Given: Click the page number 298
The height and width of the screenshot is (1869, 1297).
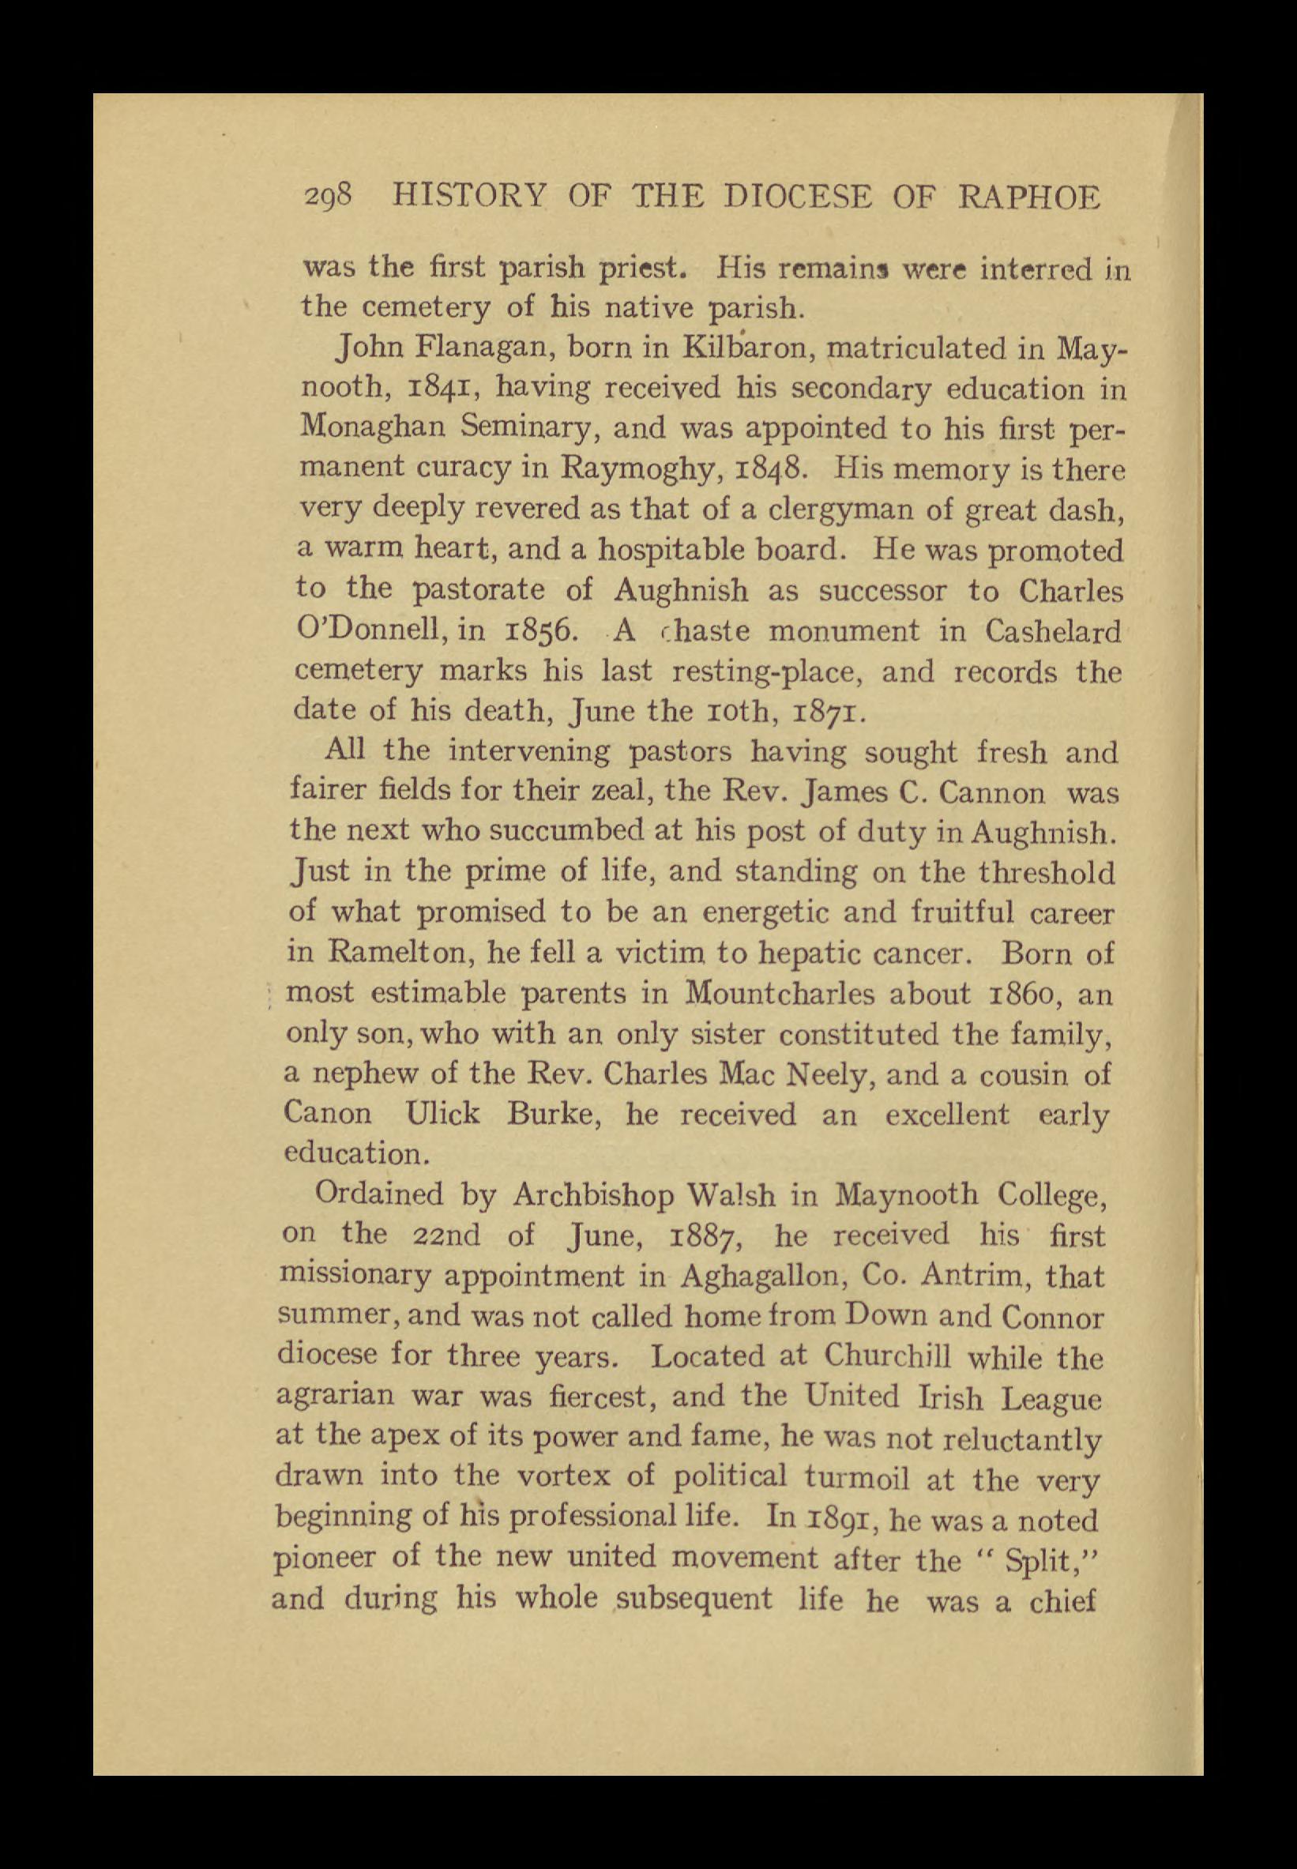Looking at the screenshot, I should [329, 197].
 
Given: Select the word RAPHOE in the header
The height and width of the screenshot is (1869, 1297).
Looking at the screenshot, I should [1030, 197].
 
